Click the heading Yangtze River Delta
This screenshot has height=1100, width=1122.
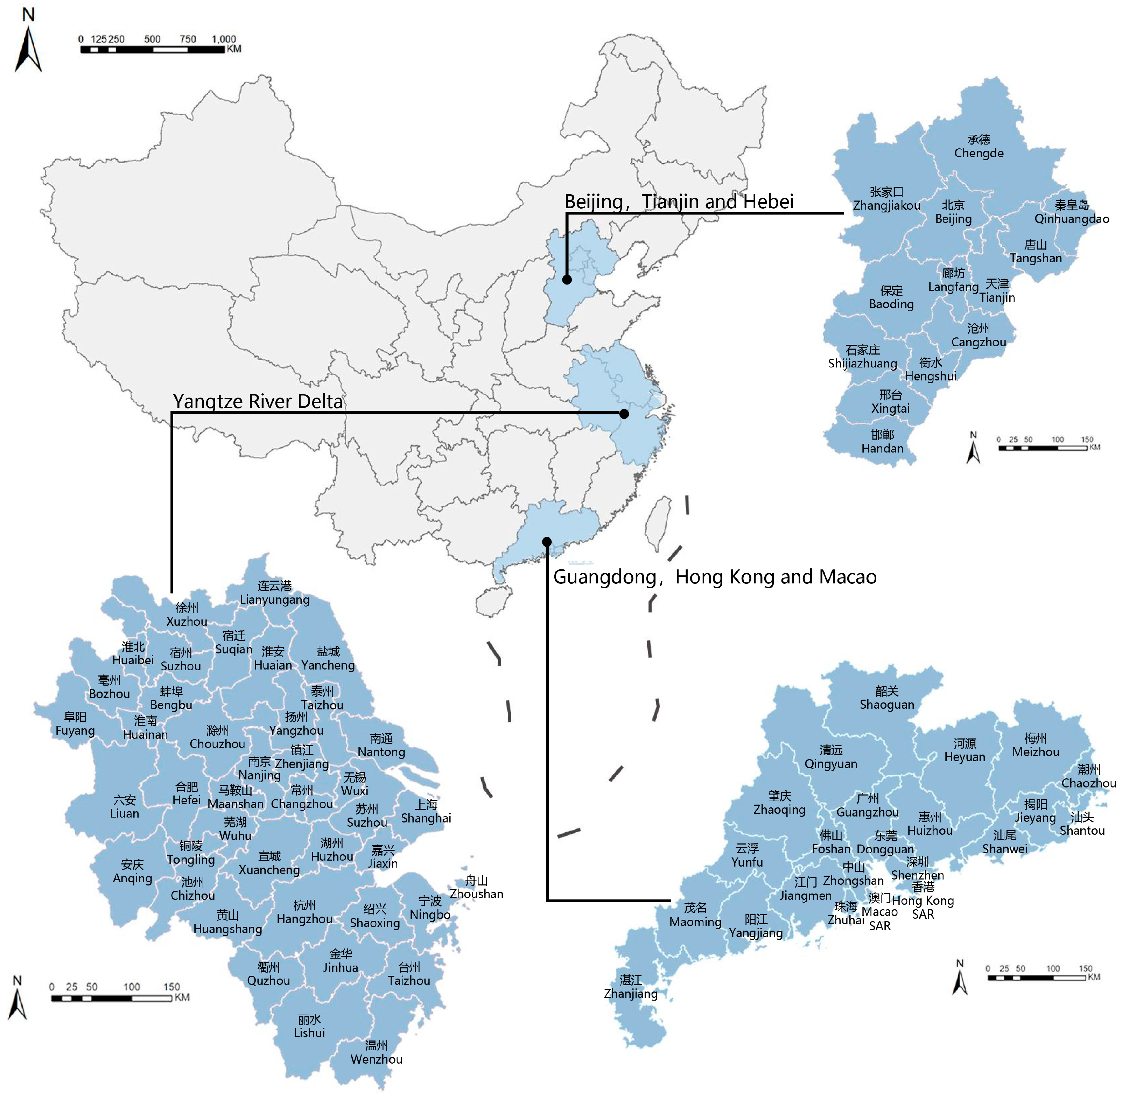pos(258,401)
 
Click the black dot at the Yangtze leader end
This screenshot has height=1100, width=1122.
pos(624,414)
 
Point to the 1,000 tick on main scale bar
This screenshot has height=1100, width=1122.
pos(224,39)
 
